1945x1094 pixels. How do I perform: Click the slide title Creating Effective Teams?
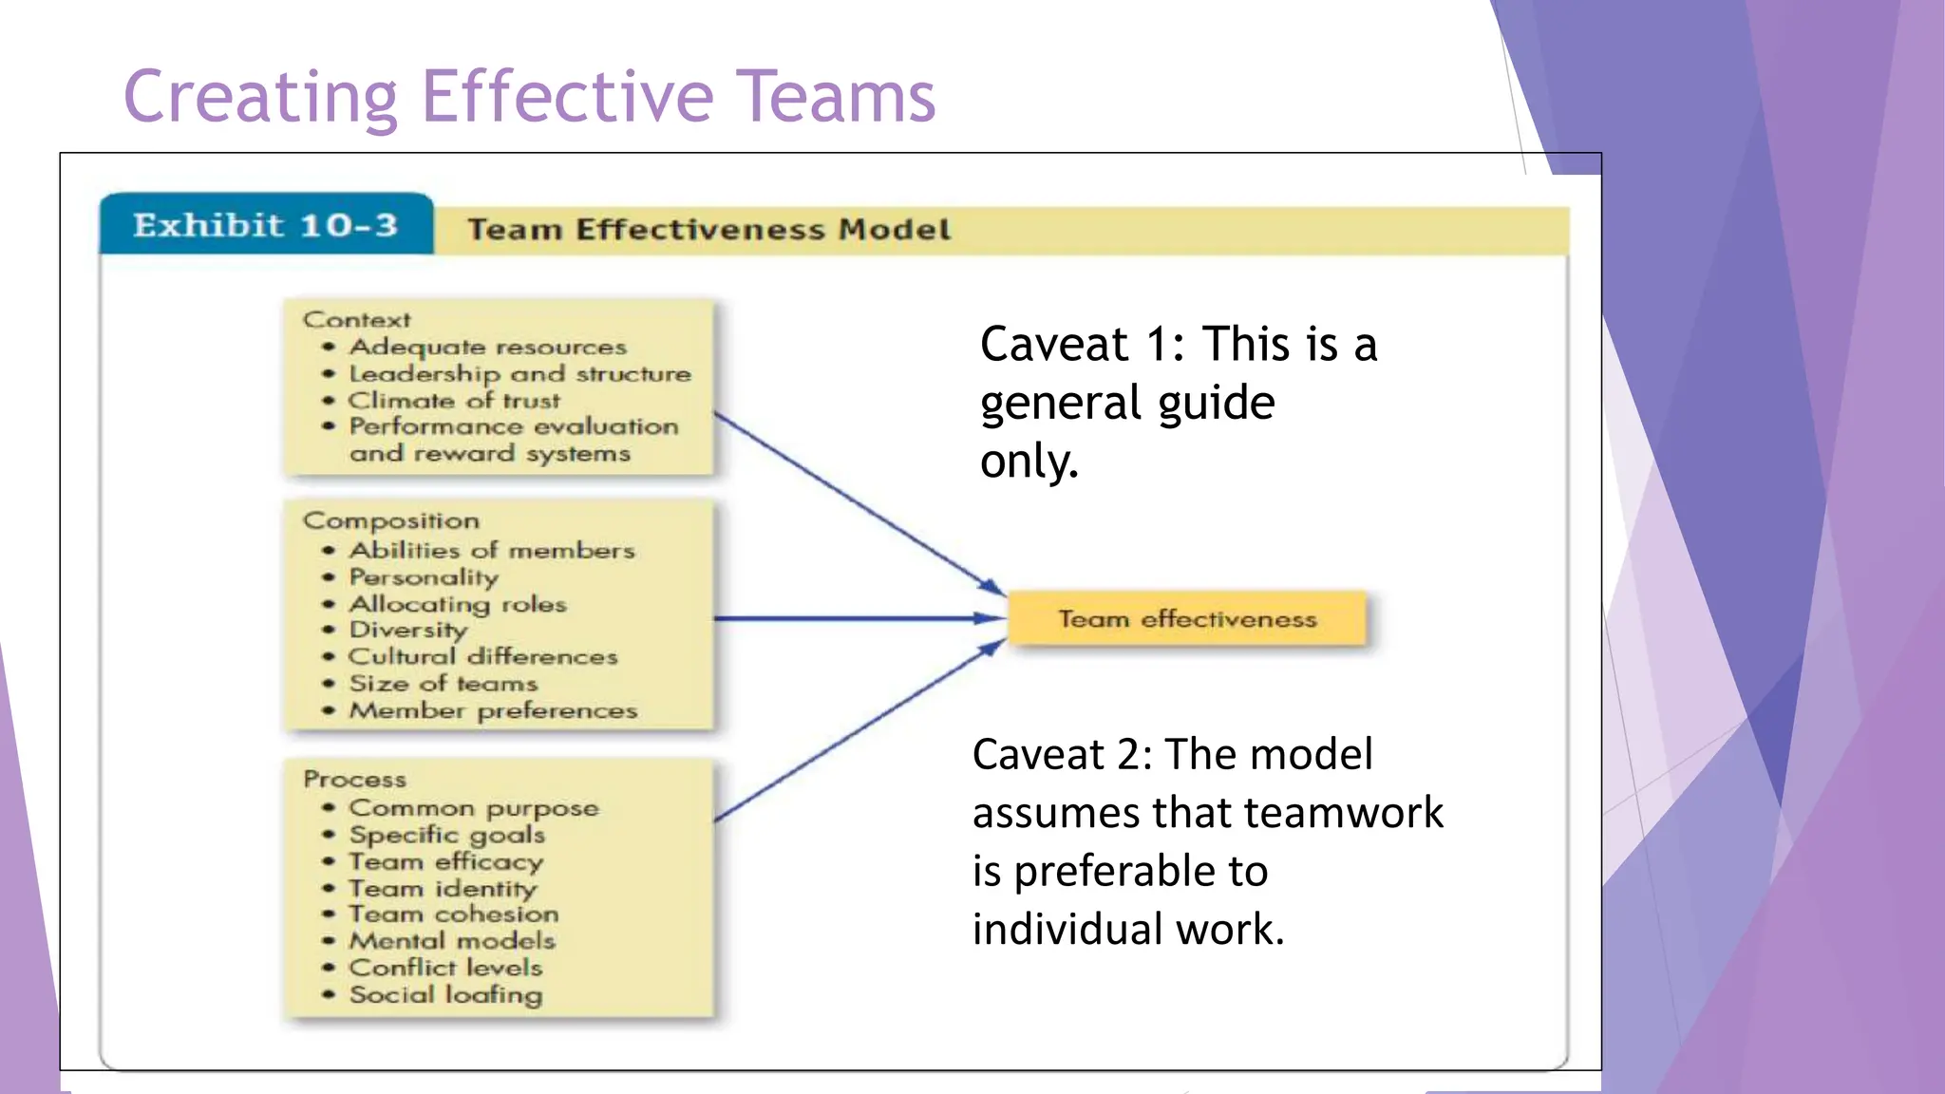click(x=529, y=97)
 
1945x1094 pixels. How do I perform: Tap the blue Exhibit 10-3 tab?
click(x=265, y=226)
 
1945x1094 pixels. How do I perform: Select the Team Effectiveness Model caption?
click(x=708, y=230)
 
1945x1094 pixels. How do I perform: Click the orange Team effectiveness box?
click(x=1187, y=619)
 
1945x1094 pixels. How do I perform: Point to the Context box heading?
click(x=357, y=320)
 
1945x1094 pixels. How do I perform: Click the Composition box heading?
click(x=391, y=520)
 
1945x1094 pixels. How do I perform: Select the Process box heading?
click(x=354, y=780)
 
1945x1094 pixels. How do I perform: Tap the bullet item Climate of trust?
click(x=454, y=401)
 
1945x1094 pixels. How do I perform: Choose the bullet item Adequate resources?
click(x=488, y=347)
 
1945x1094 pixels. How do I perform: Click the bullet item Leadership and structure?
click(x=519, y=374)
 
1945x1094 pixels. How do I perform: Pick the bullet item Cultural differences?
click(x=482, y=656)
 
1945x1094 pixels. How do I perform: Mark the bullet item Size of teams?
click(x=443, y=684)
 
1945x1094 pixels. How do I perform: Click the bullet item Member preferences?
click(x=493, y=710)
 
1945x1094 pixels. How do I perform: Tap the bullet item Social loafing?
click(x=445, y=994)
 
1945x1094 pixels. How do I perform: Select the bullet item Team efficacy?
click(x=445, y=861)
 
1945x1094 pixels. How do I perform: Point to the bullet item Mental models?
click(x=452, y=940)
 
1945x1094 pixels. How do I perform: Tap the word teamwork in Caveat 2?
click(x=1344, y=813)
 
